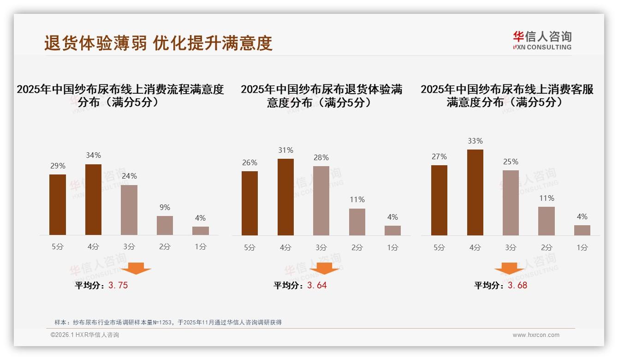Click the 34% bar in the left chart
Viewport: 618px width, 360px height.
[94, 199]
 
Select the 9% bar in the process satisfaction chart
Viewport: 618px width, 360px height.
[165, 225]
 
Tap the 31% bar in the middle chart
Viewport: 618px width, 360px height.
[285, 197]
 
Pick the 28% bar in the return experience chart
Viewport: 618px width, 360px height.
[321, 201]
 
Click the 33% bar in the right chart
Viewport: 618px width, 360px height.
[475, 192]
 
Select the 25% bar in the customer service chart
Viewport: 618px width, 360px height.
[511, 203]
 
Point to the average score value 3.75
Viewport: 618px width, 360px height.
[118, 285]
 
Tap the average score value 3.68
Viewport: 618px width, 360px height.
[517, 285]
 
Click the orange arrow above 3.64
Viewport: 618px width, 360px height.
[325, 268]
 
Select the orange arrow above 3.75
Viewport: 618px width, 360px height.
[136, 268]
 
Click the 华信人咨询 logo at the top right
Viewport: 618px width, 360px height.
[542, 40]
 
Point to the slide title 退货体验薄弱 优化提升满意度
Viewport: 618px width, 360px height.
[158, 43]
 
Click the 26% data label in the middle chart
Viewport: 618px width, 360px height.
[250, 162]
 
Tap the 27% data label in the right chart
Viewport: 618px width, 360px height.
[439, 156]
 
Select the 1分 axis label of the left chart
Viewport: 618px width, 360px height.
[201, 246]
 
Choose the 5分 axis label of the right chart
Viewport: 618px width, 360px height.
[439, 247]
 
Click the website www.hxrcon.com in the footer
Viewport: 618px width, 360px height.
[536, 335]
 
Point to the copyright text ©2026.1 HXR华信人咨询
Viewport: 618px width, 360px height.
[85, 335]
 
